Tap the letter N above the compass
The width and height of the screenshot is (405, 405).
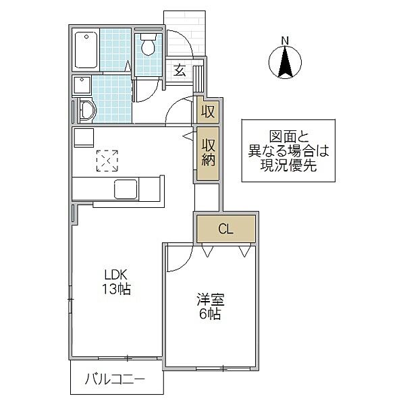click(x=285, y=40)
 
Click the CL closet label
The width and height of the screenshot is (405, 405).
click(x=225, y=229)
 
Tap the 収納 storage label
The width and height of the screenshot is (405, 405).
click(x=208, y=153)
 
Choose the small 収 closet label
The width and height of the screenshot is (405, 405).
click(x=208, y=111)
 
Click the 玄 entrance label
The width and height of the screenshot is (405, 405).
click(x=180, y=70)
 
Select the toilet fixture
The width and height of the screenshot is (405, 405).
click(x=148, y=46)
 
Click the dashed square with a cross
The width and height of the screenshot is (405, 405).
click(x=107, y=161)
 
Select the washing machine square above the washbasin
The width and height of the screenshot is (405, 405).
click(x=83, y=85)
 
